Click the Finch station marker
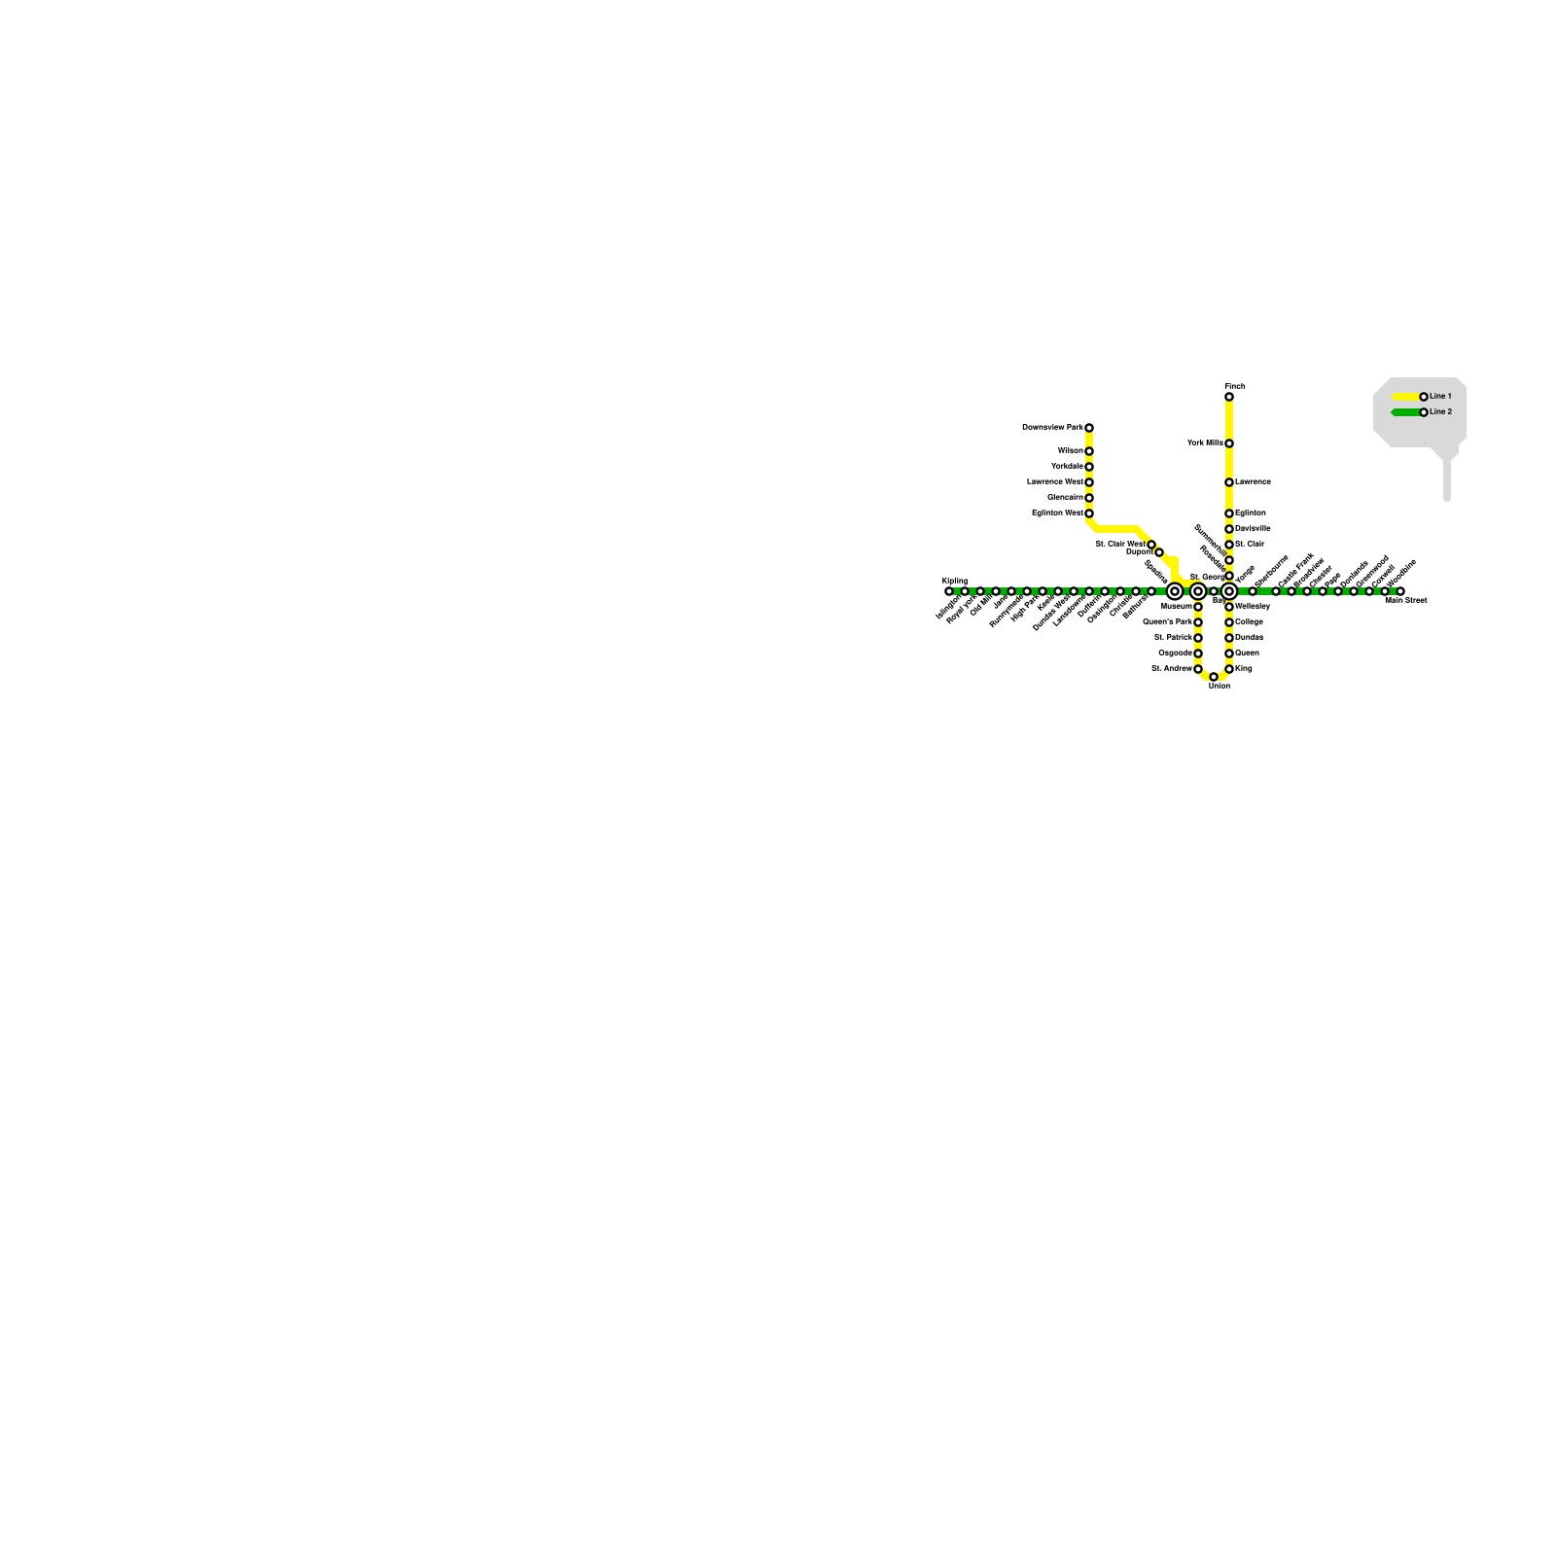click(1229, 397)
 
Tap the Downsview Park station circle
click(1089, 428)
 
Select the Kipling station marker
click(949, 591)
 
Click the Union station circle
click(1214, 677)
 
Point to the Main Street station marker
click(1400, 591)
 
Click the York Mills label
click(1205, 443)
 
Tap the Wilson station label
click(1070, 451)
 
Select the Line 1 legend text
click(1440, 397)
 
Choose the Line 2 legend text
click(1440, 412)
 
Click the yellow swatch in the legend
click(1405, 397)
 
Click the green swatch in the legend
click(1405, 412)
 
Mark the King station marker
click(1229, 669)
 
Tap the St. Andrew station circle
click(1198, 669)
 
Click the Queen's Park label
click(1167, 622)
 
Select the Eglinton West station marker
click(1089, 513)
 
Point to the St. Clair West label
click(1119, 545)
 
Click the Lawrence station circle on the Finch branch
click(1229, 482)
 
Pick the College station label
click(1249, 622)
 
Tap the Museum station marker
click(1198, 607)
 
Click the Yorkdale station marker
click(1089, 467)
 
